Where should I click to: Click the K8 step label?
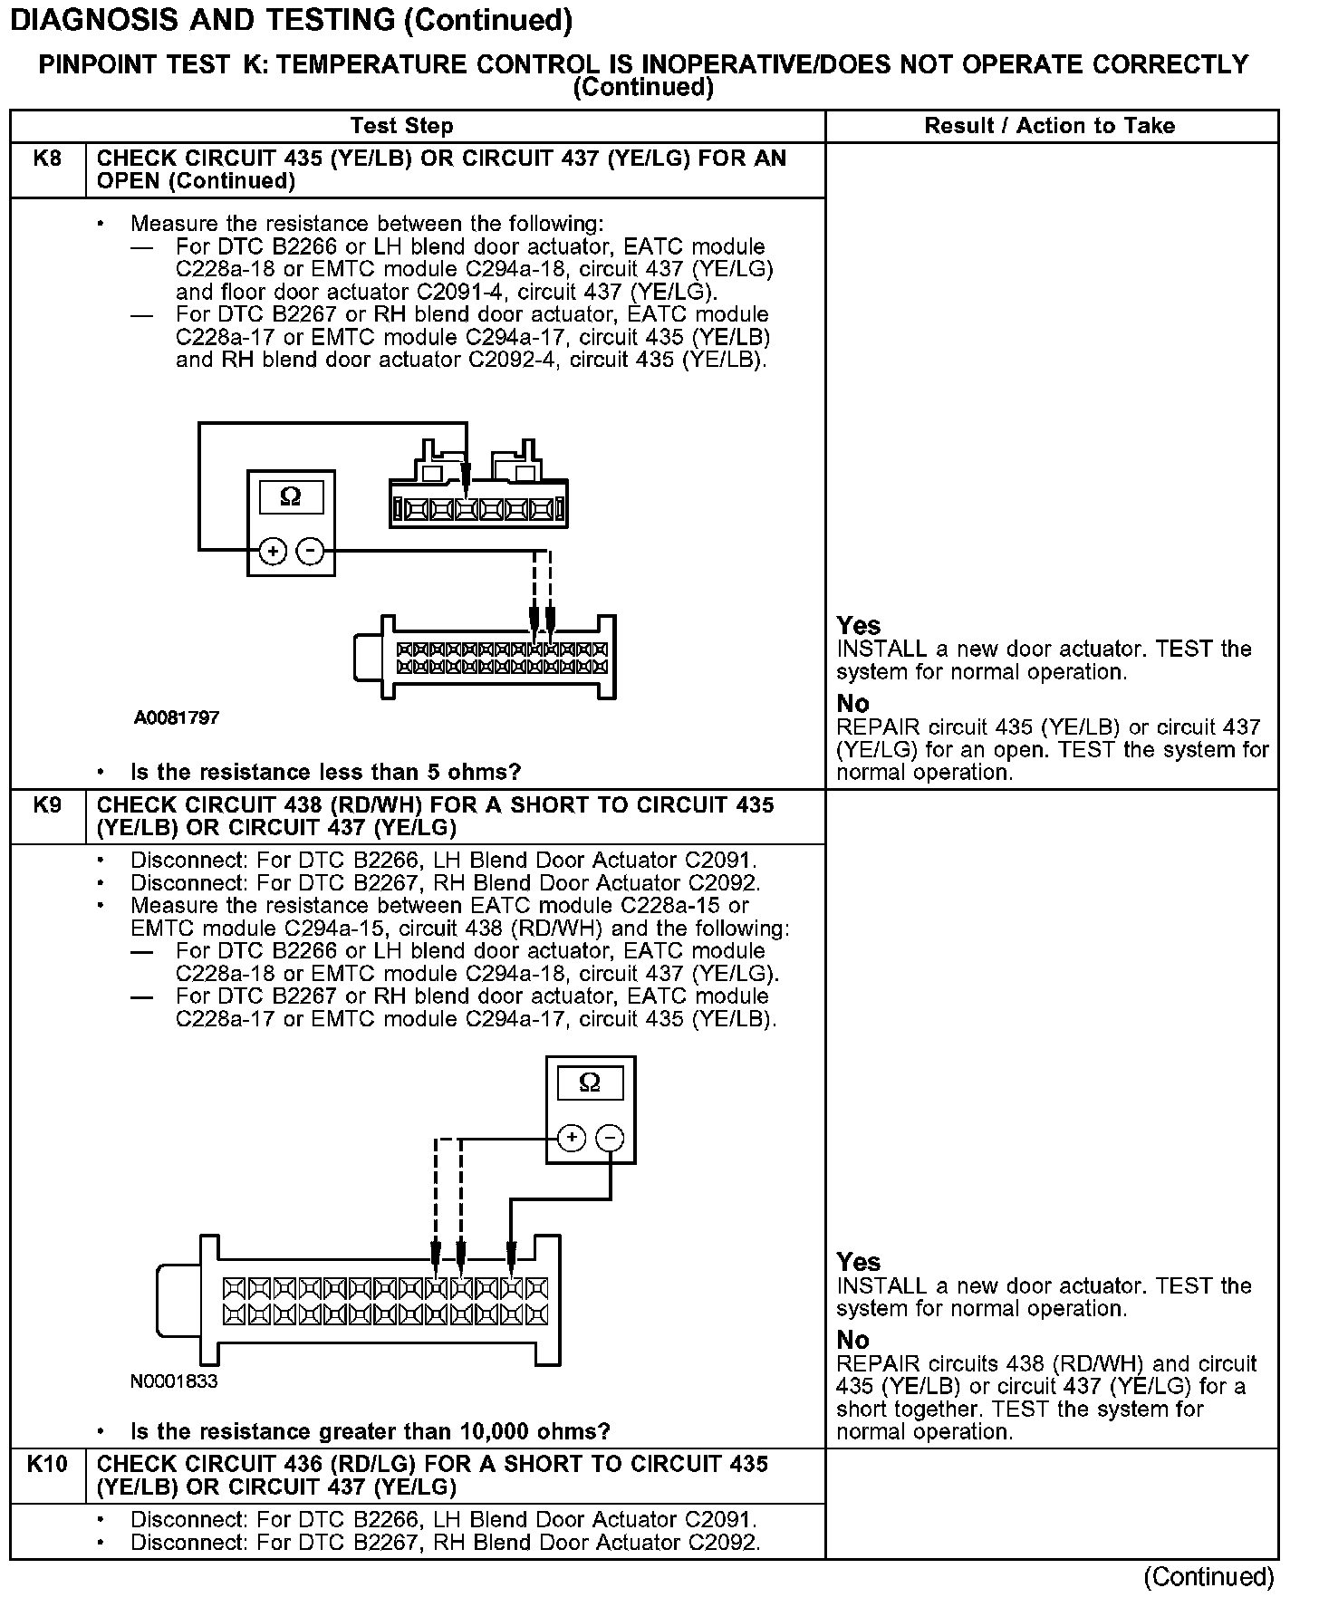47,159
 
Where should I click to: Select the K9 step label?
47,805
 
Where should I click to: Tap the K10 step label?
47,1465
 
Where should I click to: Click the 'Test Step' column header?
401,126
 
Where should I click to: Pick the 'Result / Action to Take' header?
1049,126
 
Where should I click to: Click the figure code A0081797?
177,718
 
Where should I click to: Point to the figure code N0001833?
174,1381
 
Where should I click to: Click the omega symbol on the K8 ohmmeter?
291,496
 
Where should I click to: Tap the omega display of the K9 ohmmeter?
590,1083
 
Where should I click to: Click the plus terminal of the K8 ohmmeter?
273,551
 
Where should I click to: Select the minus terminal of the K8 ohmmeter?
311,551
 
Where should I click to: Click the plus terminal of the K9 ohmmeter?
571,1138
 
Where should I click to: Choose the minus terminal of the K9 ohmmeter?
611,1138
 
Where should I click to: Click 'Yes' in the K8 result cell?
858,626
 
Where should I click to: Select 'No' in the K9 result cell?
852,1340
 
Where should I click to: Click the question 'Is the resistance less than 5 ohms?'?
326,773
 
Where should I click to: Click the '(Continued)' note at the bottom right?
1208,1577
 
